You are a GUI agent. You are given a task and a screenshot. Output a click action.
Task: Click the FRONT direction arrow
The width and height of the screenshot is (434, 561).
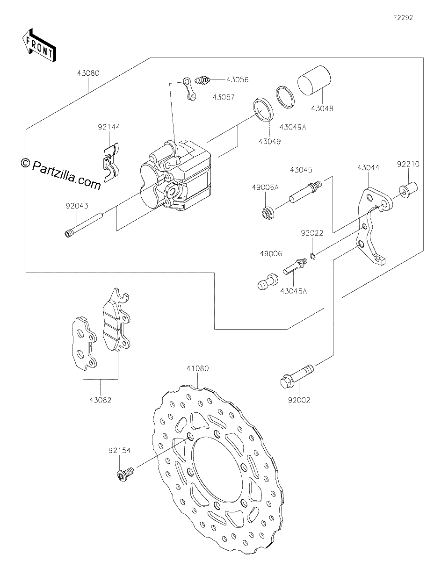tap(39, 45)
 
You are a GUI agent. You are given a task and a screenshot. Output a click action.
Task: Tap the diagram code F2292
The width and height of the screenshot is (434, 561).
tap(403, 18)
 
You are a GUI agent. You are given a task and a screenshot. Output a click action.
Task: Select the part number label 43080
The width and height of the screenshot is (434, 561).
tap(88, 73)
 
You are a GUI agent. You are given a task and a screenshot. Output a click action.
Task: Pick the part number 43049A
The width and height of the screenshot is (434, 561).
tap(292, 127)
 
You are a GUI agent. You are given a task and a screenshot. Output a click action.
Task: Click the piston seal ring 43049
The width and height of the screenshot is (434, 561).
tap(262, 109)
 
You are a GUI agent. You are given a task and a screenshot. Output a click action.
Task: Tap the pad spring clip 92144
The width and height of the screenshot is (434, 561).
tap(110, 162)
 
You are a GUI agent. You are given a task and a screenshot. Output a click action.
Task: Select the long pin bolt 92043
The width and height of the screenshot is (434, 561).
tap(84, 224)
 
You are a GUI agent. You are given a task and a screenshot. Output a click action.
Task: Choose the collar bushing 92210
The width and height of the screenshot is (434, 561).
tap(409, 190)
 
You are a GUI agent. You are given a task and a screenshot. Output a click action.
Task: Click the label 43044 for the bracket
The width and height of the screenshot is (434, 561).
tap(368, 168)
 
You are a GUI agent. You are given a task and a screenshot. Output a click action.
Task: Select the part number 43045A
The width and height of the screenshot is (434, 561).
tap(294, 291)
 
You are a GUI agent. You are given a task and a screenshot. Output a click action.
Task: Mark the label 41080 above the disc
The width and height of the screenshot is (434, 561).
tap(198, 368)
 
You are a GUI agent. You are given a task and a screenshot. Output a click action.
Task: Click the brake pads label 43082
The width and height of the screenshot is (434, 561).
tap(100, 400)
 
